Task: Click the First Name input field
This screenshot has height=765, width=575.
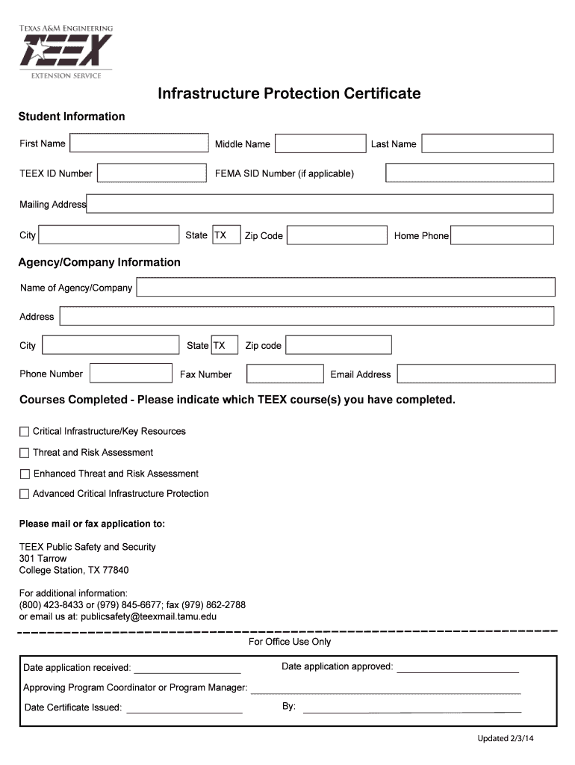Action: pyautogui.click(x=138, y=144)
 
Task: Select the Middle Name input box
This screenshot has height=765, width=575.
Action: pyautogui.click(x=320, y=144)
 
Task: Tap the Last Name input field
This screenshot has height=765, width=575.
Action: pyautogui.click(x=488, y=144)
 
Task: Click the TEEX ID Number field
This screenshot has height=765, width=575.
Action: pyautogui.click(x=152, y=173)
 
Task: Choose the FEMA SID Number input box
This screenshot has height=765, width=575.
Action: pyautogui.click(x=470, y=173)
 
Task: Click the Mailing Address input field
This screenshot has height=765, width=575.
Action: pyautogui.click(x=320, y=204)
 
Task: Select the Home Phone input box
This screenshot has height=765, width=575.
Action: pyautogui.click(x=503, y=236)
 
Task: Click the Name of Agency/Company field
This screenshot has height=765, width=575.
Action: pyautogui.click(x=346, y=288)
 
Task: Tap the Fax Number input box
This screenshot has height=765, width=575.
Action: pyautogui.click(x=285, y=374)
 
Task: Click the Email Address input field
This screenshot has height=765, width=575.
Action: pyautogui.click(x=476, y=374)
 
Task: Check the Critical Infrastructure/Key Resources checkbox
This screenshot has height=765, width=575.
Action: pyautogui.click(x=25, y=432)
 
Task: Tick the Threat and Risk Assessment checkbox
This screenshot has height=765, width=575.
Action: pyautogui.click(x=25, y=453)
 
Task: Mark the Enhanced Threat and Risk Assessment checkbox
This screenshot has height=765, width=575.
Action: pyautogui.click(x=25, y=474)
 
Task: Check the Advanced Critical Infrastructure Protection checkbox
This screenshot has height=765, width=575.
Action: pyautogui.click(x=25, y=494)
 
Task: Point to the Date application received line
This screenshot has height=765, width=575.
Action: pyautogui.click(x=187, y=667)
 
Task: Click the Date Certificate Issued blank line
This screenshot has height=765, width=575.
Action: pyautogui.click(x=184, y=707)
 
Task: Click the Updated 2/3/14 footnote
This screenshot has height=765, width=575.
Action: pyautogui.click(x=506, y=740)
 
